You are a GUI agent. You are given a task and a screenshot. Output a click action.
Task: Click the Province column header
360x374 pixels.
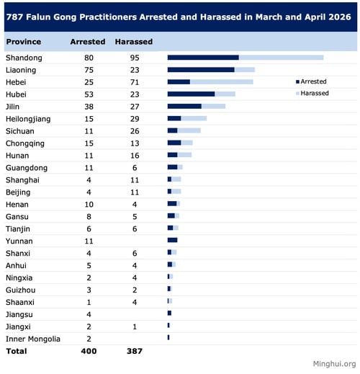coord(24,42)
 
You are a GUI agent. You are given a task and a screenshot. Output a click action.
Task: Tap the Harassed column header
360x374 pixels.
coord(134,42)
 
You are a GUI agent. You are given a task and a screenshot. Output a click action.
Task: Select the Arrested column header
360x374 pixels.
coord(88,42)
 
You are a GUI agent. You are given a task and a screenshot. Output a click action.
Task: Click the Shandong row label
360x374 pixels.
coord(24,58)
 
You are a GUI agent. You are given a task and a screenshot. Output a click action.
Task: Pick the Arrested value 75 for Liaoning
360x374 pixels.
coord(89,70)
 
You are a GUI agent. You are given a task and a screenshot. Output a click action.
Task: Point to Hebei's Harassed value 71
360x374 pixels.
coord(135,82)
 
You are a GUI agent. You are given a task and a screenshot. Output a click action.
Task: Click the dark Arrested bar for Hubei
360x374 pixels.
coord(191,94)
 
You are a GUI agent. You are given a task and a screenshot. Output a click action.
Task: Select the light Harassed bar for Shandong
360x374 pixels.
coord(281,58)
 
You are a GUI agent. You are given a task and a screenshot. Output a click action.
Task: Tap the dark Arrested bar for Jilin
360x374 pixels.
coord(184,106)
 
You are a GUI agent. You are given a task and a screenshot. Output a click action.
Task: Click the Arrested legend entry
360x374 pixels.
coord(311,81)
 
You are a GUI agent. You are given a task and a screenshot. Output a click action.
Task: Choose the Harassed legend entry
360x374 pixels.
coord(312,93)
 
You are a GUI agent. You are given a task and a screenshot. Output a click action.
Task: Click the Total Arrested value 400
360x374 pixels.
coord(89,351)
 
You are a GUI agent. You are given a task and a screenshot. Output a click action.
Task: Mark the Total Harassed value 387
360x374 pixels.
coord(135,351)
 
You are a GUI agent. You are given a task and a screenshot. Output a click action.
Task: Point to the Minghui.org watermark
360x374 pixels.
coord(334,364)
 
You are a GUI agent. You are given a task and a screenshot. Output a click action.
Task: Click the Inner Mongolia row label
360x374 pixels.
coord(33,339)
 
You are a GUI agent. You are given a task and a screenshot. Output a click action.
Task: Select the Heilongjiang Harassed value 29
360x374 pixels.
coord(135,119)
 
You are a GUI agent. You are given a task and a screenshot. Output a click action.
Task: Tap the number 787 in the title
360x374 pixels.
coord(14,17)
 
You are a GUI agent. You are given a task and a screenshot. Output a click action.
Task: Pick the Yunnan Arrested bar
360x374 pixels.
coord(172,240)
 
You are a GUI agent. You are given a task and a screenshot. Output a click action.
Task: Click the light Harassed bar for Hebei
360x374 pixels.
coord(222,82)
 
